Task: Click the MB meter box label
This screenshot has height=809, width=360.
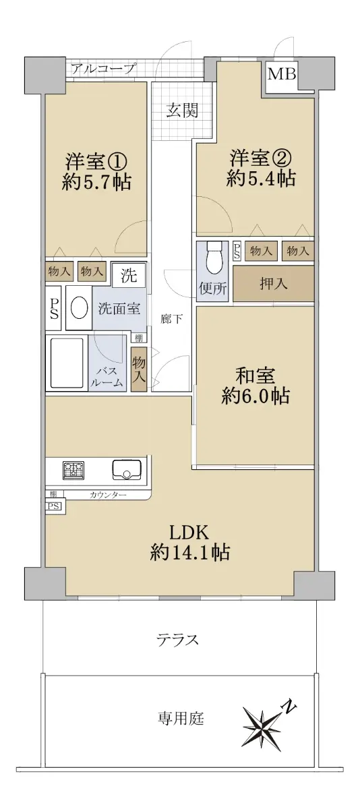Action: click(282, 74)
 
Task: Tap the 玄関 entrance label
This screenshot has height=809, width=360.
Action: click(182, 111)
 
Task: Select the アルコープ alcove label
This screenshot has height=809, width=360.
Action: click(104, 68)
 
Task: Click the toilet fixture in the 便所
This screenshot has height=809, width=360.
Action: click(212, 259)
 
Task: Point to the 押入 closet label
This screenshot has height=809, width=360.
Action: click(273, 284)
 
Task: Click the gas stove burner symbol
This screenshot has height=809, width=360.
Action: click(73, 471)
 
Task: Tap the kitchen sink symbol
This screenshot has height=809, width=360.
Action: click(127, 470)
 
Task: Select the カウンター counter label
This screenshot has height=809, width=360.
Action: click(108, 495)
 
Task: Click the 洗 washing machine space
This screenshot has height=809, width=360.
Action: click(129, 276)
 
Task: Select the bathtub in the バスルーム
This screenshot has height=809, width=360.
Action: click(67, 362)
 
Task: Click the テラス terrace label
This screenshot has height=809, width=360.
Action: click(178, 640)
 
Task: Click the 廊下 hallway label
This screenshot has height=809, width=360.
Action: click(171, 319)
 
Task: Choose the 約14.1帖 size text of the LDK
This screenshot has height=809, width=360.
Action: click(189, 552)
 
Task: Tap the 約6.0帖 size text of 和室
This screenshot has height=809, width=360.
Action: click(255, 396)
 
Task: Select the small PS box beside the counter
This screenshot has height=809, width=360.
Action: click(53, 506)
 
